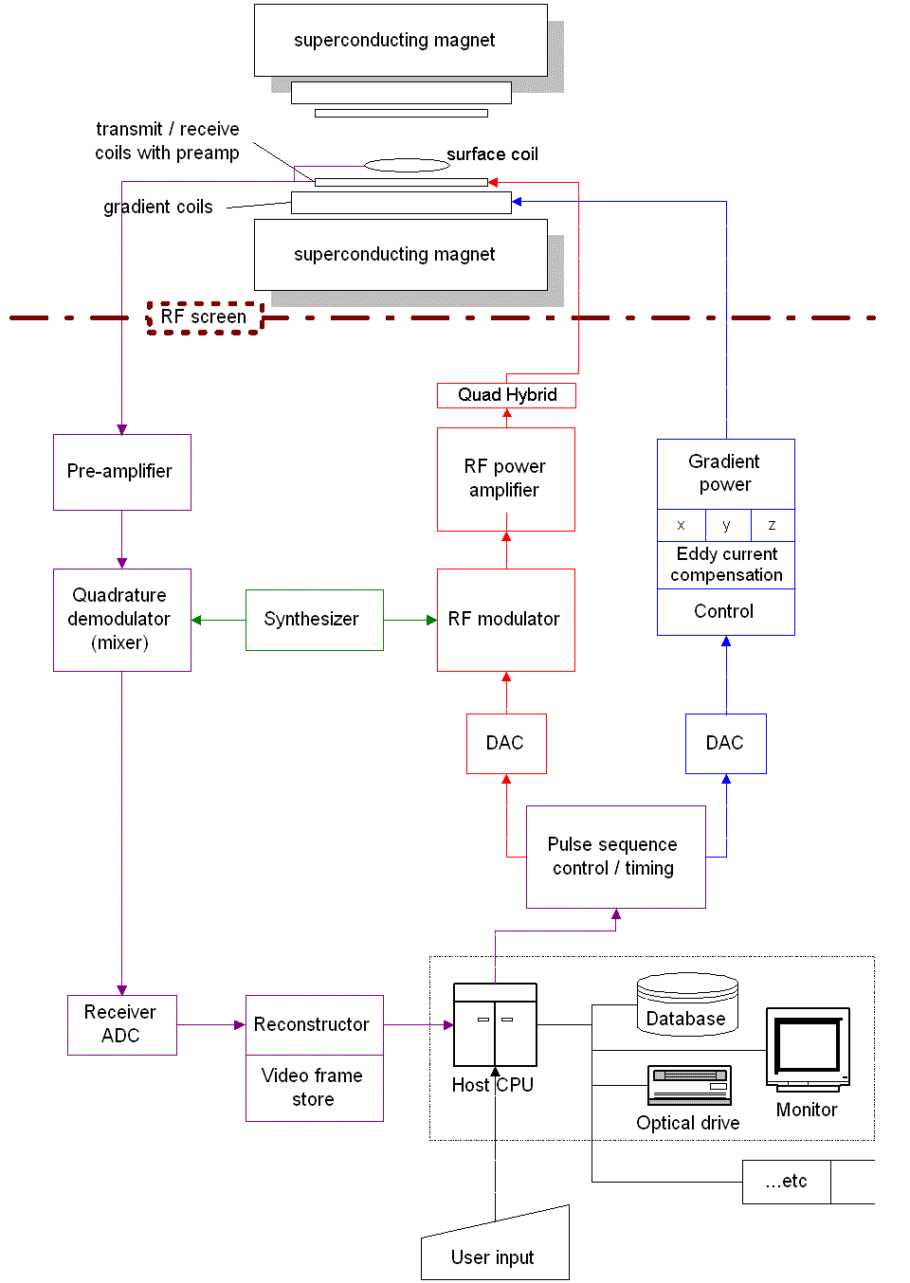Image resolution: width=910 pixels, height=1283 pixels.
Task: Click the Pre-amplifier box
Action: tap(121, 472)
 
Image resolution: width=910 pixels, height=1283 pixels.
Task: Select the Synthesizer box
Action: tap(314, 620)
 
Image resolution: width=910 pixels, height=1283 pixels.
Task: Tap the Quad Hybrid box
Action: tap(506, 395)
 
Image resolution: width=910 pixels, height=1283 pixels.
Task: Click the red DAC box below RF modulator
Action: tap(506, 744)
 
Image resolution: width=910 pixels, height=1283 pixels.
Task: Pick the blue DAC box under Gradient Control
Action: tap(725, 744)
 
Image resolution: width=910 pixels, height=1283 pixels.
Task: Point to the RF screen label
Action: tap(204, 317)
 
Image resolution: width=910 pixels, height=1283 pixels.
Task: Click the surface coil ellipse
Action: tap(407, 165)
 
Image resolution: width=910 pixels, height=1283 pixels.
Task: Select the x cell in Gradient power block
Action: tap(681, 525)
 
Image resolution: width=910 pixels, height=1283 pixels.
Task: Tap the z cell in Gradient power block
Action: tap(772, 525)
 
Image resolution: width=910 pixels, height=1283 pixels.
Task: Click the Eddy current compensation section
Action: tap(726, 565)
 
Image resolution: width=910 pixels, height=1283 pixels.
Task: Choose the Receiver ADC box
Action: tap(121, 1024)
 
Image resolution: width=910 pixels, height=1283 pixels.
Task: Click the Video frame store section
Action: tap(314, 1088)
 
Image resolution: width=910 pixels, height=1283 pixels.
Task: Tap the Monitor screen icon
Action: tap(808, 1048)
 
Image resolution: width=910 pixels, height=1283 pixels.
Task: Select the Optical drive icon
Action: tap(689, 1085)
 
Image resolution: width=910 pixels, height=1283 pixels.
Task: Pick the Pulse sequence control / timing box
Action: tap(615, 857)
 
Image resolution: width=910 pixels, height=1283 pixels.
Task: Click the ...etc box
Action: tap(787, 1182)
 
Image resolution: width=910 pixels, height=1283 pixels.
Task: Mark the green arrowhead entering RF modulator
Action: tap(431, 621)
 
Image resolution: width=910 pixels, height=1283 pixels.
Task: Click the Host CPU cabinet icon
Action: tap(495, 1025)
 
